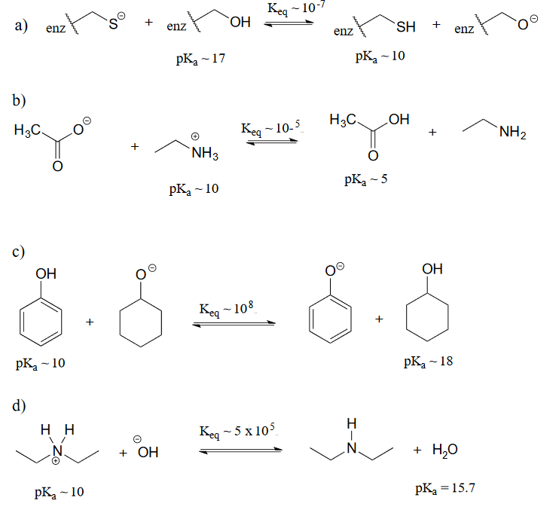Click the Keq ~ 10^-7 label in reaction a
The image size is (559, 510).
click(289, 10)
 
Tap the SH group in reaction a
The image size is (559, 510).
click(405, 28)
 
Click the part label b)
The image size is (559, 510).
click(20, 100)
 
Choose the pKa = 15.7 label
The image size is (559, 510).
click(445, 490)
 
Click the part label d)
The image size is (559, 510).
click(20, 406)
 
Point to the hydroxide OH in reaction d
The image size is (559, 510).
click(147, 452)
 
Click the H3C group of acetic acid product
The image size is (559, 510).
click(341, 122)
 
